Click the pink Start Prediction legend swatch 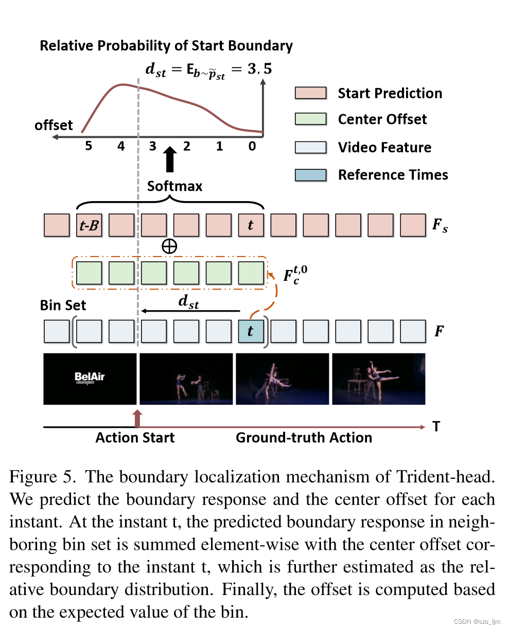coord(310,93)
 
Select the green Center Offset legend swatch coord(310,119)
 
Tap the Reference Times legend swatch coord(310,175)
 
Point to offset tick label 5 coord(89,147)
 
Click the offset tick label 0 coord(252,147)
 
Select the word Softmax coord(174,186)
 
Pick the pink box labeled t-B coord(89,226)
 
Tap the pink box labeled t coord(251,226)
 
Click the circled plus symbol coord(169,246)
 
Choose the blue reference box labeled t coord(251,331)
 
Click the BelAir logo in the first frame coord(90,378)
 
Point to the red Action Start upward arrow coord(137,418)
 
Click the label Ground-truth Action coord(304,438)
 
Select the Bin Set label coord(63,305)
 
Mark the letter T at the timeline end coord(436,427)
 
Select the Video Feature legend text coord(384,148)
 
